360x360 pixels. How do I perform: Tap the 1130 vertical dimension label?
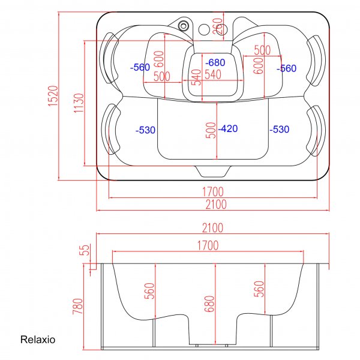coord(78,104)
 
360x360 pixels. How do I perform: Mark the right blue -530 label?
coord(280,130)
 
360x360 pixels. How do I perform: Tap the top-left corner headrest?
coord(110,58)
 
